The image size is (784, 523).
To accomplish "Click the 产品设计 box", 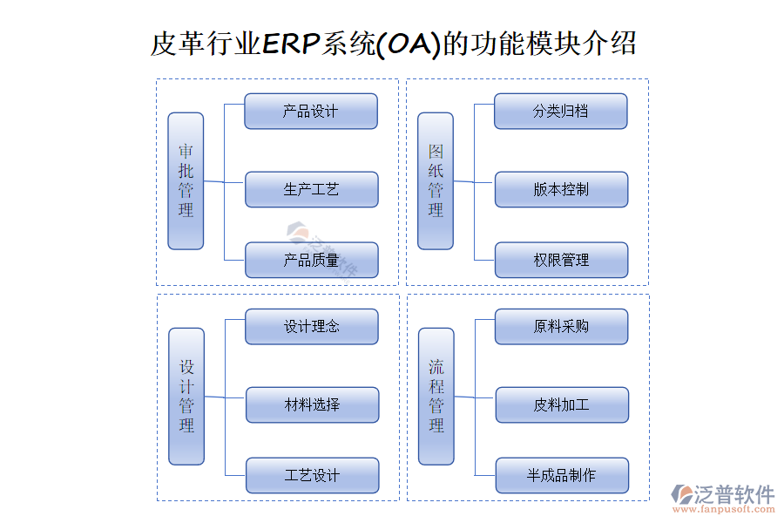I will (310, 112).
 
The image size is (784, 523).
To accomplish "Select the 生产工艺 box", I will (311, 189).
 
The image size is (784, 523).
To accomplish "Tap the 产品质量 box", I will (311, 261).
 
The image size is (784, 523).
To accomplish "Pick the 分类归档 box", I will (561, 112).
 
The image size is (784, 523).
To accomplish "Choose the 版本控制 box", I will (561, 189).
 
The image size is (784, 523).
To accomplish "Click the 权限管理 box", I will (561, 261).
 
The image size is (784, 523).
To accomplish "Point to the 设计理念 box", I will (311, 327).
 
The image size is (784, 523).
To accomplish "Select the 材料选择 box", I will (312, 404).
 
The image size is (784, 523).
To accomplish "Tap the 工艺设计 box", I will (312, 476).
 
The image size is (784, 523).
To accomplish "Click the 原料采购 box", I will (561, 327).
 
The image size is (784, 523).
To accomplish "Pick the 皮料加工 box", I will (561, 404).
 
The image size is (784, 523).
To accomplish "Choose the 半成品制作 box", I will (561, 476).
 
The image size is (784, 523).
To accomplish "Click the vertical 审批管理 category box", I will (186, 180).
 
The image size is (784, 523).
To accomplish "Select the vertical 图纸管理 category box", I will (436, 180).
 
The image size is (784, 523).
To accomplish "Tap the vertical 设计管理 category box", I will (186, 396).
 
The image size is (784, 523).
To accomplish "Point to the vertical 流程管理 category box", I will (436, 396).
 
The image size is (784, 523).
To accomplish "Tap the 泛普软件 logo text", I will (734, 494).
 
